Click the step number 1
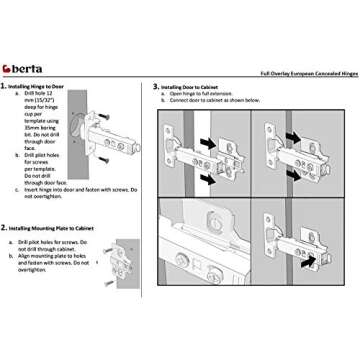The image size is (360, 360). (6, 88)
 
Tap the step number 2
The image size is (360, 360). (6, 228)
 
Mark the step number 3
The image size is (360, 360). (157, 87)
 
